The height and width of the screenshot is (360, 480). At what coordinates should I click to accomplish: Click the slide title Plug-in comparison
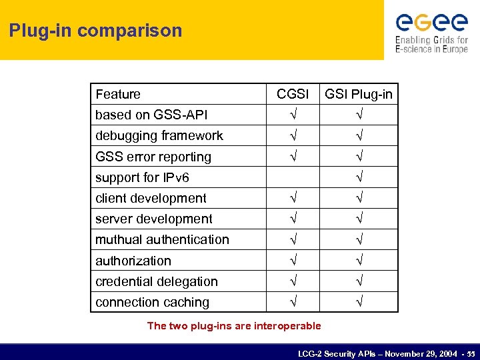click(x=95, y=31)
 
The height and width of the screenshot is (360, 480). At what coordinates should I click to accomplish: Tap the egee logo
click(x=431, y=23)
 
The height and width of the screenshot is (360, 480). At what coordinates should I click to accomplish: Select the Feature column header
click(x=118, y=94)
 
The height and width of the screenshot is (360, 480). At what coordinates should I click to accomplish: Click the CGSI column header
click(x=293, y=94)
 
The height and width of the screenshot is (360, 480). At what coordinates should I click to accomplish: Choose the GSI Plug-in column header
click(x=359, y=94)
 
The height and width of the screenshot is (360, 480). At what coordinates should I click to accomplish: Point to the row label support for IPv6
click(x=142, y=177)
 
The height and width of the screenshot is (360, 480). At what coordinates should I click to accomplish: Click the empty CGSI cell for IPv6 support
click(x=293, y=177)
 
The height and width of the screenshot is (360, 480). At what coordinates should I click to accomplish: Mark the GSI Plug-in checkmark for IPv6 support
click(x=359, y=177)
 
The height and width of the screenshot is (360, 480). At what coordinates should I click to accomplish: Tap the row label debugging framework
click(x=159, y=135)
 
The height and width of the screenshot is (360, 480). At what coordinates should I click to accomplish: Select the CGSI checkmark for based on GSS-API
click(x=293, y=115)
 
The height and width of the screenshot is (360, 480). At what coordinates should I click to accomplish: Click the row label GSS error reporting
click(x=153, y=157)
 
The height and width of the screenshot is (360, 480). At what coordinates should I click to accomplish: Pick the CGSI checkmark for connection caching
click(x=293, y=302)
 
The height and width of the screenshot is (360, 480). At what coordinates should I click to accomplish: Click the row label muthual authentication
click(x=162, y=239)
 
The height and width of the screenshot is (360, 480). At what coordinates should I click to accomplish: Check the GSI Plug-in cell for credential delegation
click(x=359, y=281)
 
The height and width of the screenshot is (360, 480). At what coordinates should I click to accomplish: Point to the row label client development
click(x=151, y=198)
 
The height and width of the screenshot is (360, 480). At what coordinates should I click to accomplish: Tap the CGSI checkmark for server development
click(x=293, y=219)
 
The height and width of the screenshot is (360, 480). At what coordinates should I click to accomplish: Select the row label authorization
click(x=133, y=261)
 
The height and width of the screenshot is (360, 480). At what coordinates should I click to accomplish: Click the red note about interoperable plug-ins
click(x=233, y=326)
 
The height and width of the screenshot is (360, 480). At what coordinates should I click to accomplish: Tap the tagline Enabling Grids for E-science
click(x=431, y=45)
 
